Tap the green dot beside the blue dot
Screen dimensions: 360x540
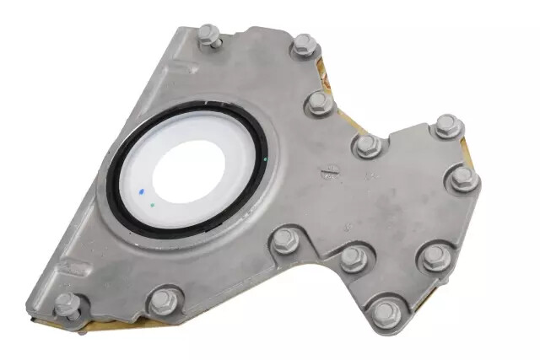pos(151,203)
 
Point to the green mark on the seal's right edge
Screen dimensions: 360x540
pos(265,159)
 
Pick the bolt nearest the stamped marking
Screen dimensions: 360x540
pos(367,145)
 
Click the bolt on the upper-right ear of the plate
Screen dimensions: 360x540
pos(446,126)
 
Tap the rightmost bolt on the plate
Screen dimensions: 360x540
pos(463,178)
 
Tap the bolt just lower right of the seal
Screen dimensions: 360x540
pos(283,242)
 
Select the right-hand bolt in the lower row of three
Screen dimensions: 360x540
pos(436,256)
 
